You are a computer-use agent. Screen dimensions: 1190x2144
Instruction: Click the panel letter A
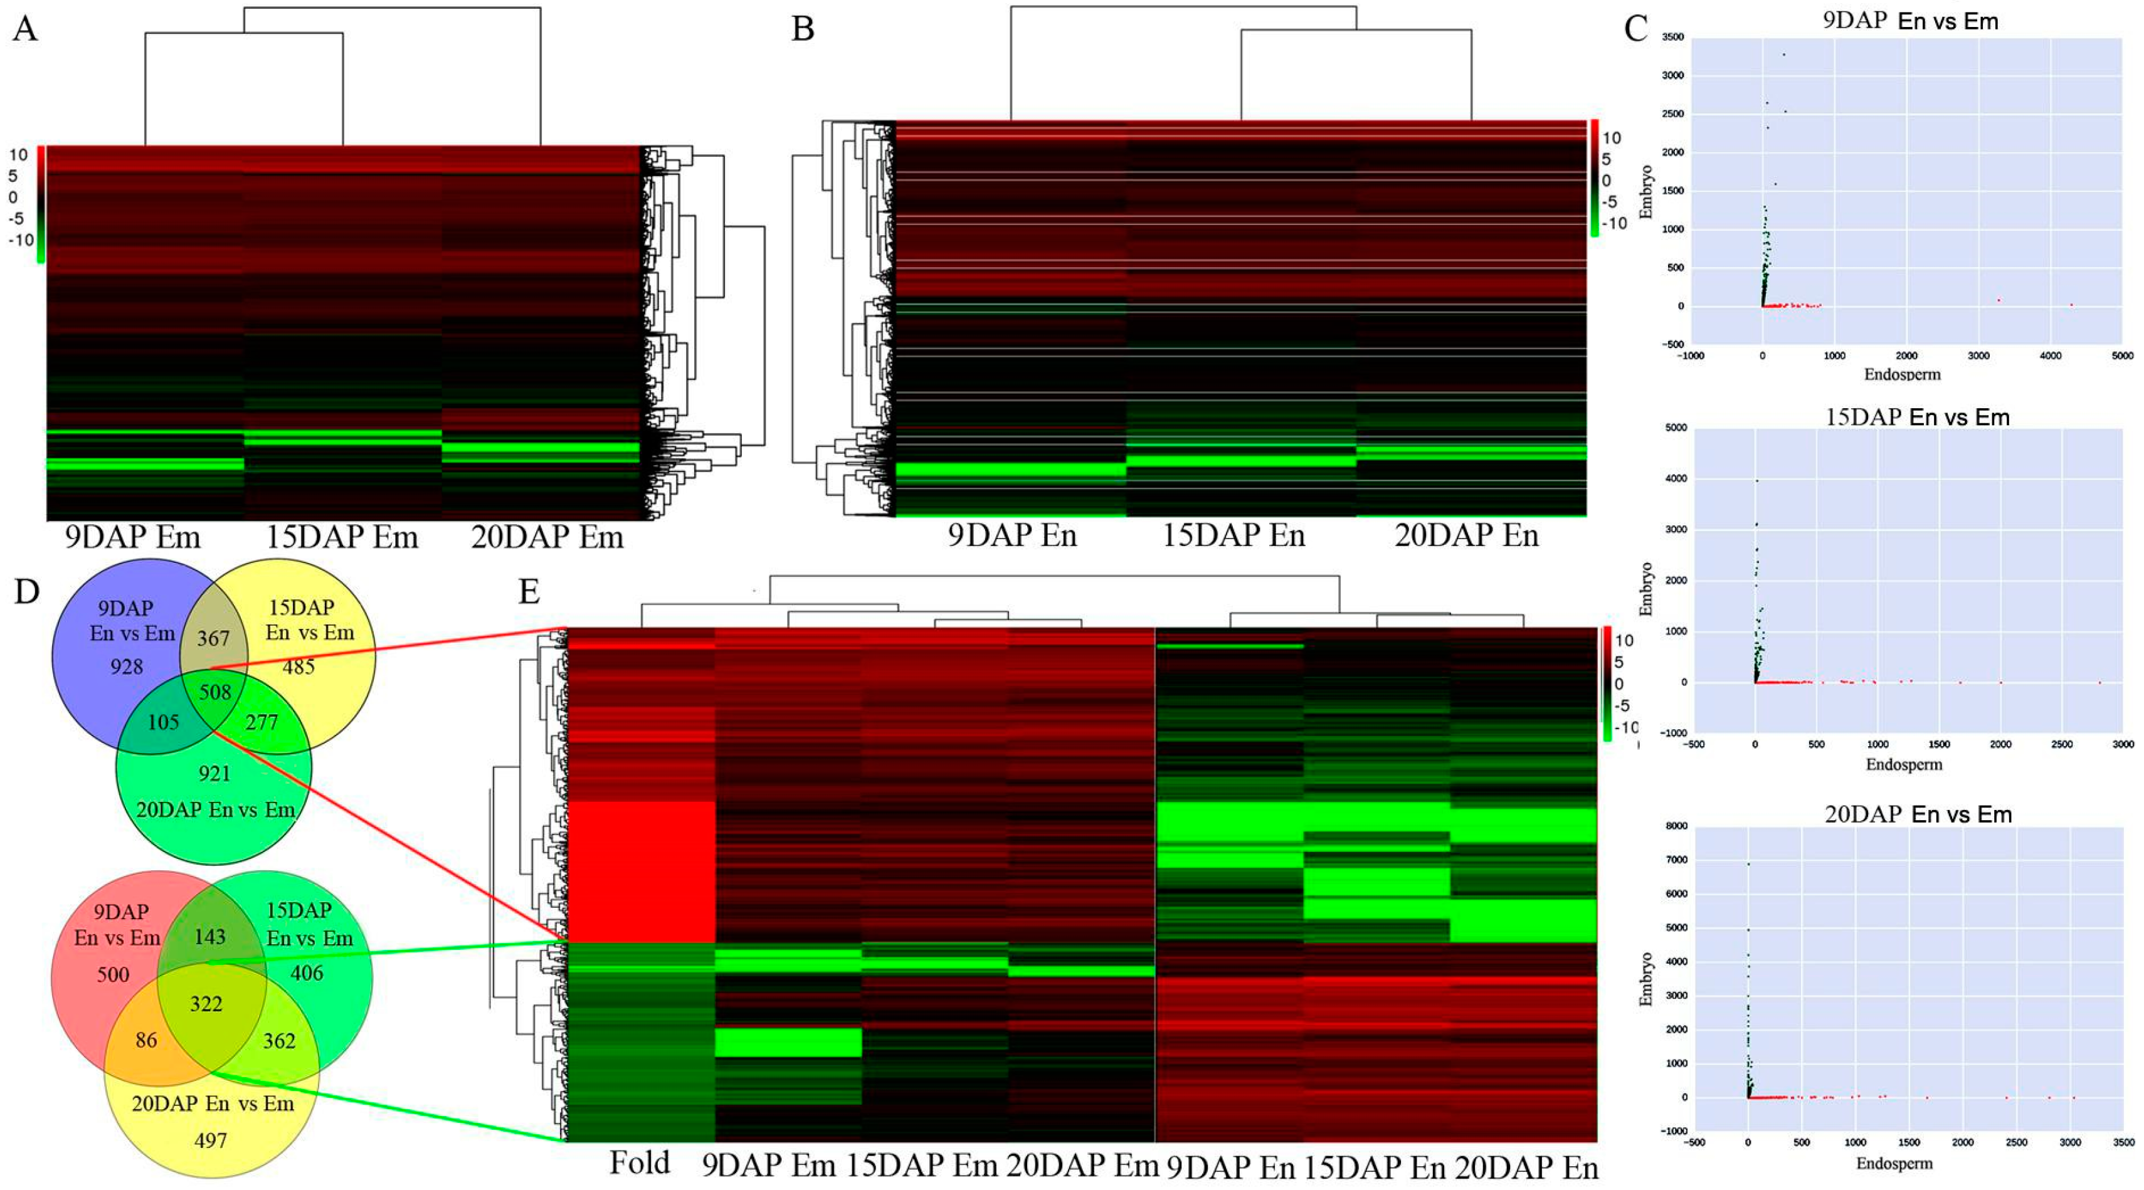[25, 30]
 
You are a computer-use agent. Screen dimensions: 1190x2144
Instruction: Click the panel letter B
[802, 30]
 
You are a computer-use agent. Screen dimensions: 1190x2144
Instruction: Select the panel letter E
[529, 592]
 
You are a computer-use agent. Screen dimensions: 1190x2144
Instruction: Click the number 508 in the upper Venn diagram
[214, 692]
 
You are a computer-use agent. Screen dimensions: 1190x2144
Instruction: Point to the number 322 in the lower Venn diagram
[206, 1004]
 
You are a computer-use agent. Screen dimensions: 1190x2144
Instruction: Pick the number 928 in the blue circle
[127, 666]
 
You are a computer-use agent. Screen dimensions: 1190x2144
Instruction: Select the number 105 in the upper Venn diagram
[163, 722]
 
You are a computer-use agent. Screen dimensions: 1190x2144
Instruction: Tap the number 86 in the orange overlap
[147, 1040]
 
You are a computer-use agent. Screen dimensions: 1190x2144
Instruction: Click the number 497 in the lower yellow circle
[211, 1140]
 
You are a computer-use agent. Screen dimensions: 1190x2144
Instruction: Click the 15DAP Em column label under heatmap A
[342, 537]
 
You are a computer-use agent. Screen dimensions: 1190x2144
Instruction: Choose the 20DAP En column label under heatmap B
[1467, 535]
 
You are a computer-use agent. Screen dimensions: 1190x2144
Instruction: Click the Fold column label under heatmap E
[639, 1162]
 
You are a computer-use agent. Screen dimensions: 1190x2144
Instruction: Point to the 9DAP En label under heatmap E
[1230, 1168]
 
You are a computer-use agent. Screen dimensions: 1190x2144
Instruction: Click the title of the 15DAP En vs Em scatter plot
[1917, 417]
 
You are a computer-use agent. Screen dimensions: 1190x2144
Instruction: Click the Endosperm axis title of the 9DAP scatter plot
[1903, 374]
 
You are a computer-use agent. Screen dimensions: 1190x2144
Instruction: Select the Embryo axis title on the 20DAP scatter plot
[1645, 979]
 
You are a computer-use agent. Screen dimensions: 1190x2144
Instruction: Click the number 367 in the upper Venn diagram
[213, 638]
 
